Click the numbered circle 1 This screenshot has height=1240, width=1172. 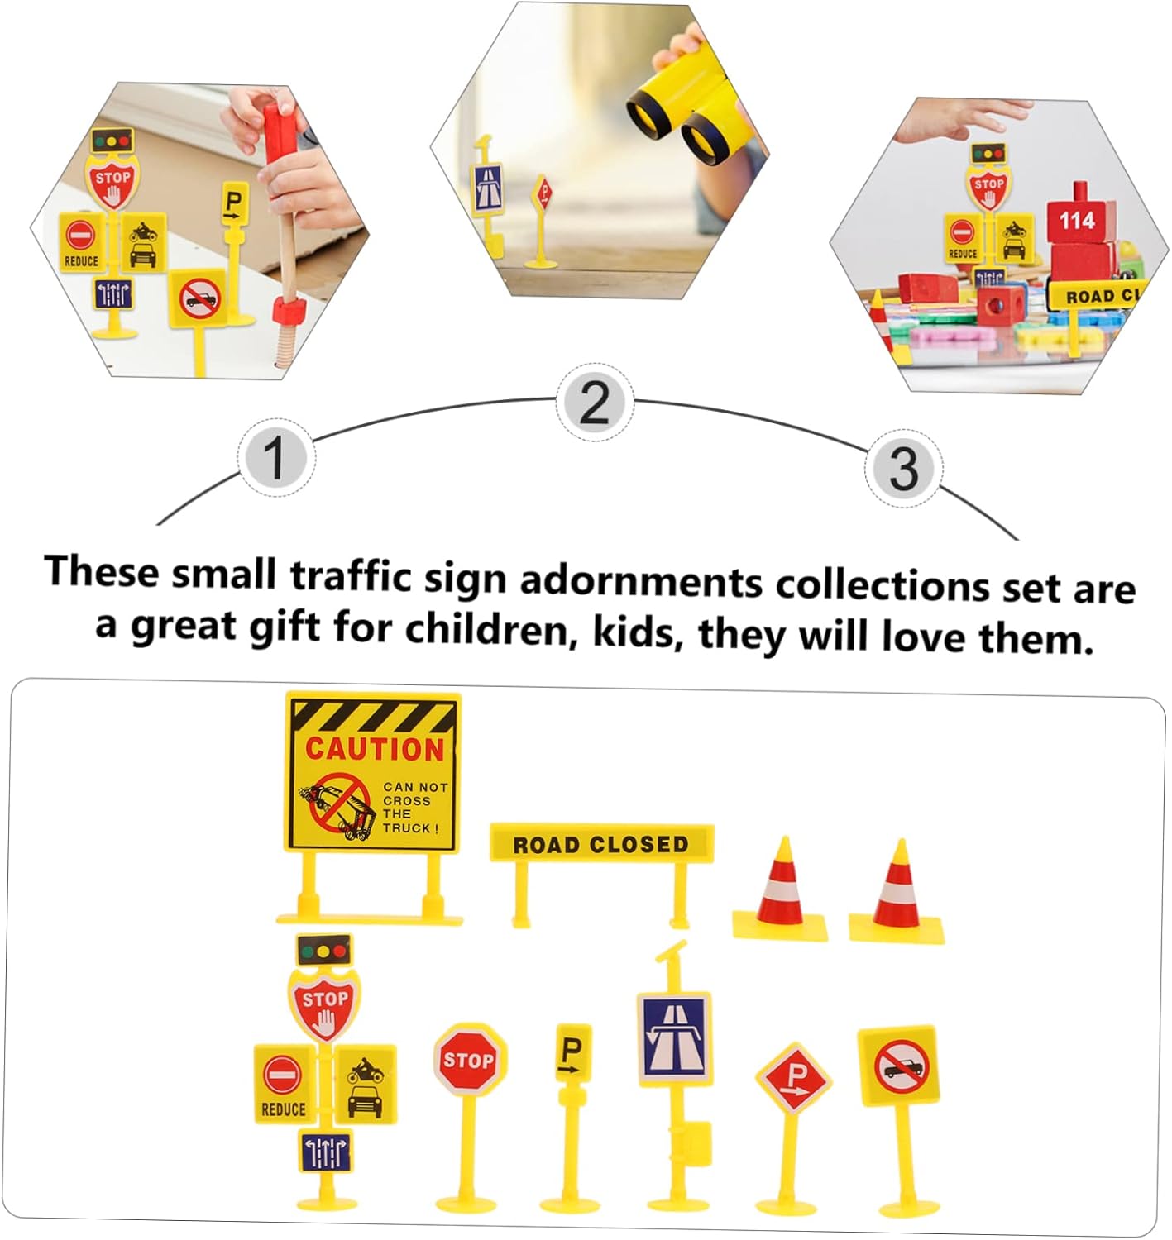click(275, 458)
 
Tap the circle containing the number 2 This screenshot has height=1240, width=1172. click(595, 403)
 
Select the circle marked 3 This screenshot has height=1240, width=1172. click(903, 468)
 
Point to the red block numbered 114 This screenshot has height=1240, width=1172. click(1076, 221)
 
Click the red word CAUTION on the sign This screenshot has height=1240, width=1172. click(374, 749)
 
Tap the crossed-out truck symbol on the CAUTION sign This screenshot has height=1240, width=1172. click(339, 808)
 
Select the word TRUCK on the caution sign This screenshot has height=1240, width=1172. click(406, 828)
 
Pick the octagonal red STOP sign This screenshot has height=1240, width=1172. click(469, 1060)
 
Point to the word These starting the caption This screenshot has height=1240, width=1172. click(102, 570)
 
